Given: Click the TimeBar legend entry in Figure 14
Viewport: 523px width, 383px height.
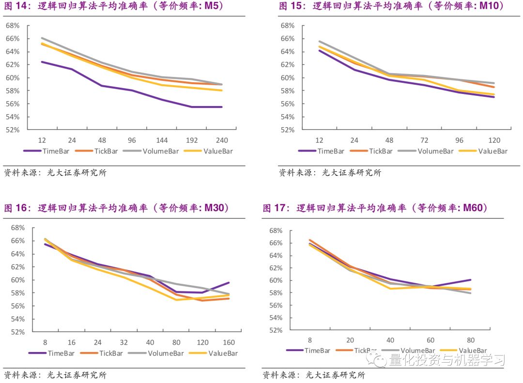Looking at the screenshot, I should pyautogui.click(x=53, y=151).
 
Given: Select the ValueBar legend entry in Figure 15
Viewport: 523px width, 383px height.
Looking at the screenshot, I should pyautogui.click(x=492, y=151).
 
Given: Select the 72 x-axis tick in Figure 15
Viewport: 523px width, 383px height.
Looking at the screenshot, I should pyautogui.click(x=424, y=140).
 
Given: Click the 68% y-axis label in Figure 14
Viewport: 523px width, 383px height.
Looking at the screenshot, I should pyautogui.click(x=12, y=25).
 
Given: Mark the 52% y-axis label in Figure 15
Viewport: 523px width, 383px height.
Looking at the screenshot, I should pyautogui.click(x=287, y=130).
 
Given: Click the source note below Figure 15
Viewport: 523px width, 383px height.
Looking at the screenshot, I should pyautogui.click(x=329, y=173).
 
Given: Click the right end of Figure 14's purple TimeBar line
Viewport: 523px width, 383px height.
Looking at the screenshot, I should pyautogui.click(x=222, y=107).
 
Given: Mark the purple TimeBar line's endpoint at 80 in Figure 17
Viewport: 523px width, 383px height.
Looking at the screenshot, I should pyautogui.click(x=470, y=280).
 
